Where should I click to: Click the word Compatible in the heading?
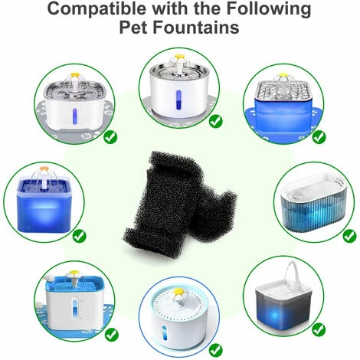pyautogui.click(x=97, y=8)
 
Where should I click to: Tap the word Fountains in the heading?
pyautogui.click(x=196, y=28)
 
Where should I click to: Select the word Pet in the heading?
pyautogui.click(x=134, y=28)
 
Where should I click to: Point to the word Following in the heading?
pyautogui.click(x=269, y=9)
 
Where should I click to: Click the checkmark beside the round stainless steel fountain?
pyautogui.click(x=216, y=122)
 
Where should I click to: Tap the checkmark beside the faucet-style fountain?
pyautogui.click(x=319, y=329)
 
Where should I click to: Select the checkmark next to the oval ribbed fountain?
pyautogui.click(x=349, y=236)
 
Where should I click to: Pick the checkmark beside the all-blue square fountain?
pyautogui.click(x=80, y=236)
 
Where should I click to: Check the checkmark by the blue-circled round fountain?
pyautogui.click(x=216, y=350)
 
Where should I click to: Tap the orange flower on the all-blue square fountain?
pyautogui.click(x=44, y=169)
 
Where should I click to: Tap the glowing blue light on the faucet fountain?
pyautogui.click(x=275, y=316)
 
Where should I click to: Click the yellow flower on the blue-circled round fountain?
pyautogui.click(x=178, y=291)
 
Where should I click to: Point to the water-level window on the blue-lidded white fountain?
pyautogui.click(x=74, y=309)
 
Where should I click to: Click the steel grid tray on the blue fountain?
pyautogui.click(x=284, y=90)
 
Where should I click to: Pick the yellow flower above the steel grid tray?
pyautogui.click(x=283, y=75)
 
